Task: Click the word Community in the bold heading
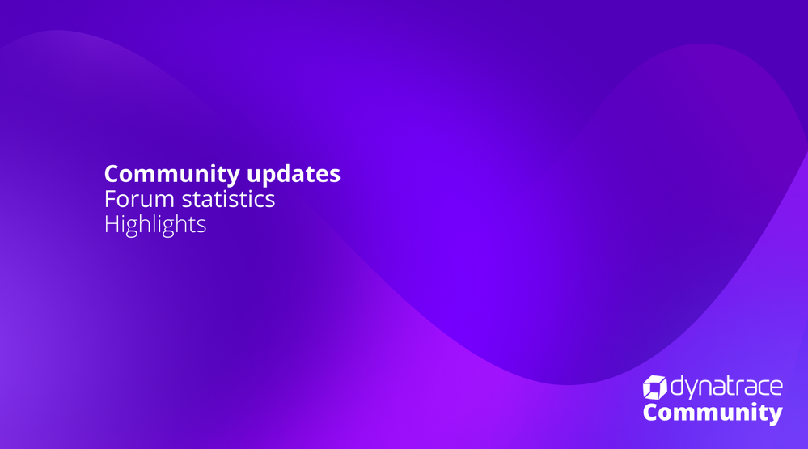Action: [171, 174]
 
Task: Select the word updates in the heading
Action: [294, 174]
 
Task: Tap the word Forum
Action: [139, 199]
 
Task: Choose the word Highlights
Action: [155, 225]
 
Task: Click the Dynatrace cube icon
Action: [655, 388]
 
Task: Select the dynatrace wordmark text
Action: [726, 388]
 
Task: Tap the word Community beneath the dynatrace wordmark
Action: [713, 413]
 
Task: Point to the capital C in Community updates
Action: [112, 174]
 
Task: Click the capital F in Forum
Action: [110, 199]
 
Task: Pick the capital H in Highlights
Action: [112, 224]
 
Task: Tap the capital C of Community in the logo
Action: [651, 413]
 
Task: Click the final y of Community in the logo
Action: [776, 416]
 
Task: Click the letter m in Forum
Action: [163, 201]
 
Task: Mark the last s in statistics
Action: [270, 201]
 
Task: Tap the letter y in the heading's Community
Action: [232, 177]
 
